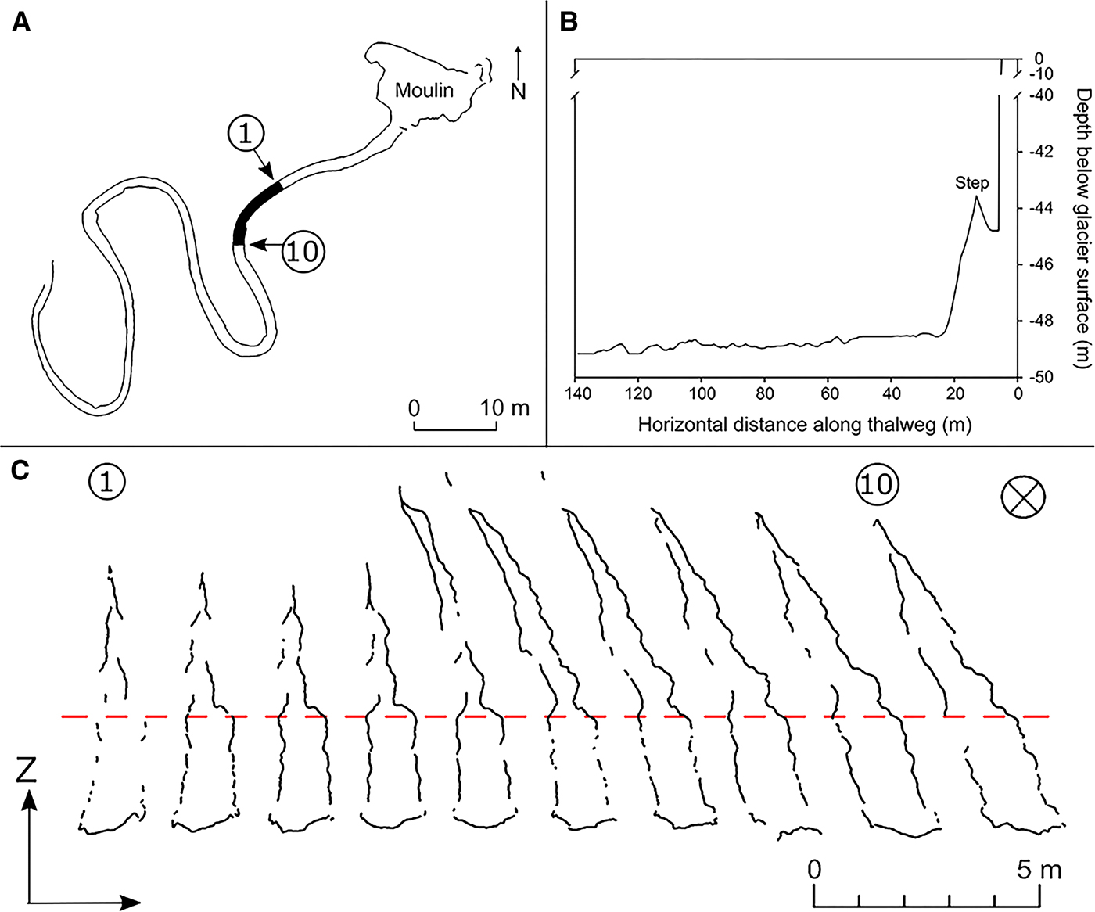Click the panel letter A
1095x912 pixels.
[21, 23]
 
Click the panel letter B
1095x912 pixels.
[569, 23]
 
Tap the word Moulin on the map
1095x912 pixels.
[424, 91]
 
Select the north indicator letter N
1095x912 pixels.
[519, 92]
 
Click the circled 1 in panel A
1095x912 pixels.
[246, 135]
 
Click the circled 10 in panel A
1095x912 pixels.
[303, 251]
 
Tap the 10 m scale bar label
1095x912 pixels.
[504, 408]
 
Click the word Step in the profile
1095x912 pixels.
[971, 183]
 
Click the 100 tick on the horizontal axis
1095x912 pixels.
[702, 393]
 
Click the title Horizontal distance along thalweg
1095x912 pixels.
[804, 425]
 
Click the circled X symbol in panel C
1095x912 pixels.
[1023, 497]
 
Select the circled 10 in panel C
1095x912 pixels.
[877, 485]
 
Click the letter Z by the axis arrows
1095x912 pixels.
[27, 770]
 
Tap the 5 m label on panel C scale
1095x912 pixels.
[1039, 870]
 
